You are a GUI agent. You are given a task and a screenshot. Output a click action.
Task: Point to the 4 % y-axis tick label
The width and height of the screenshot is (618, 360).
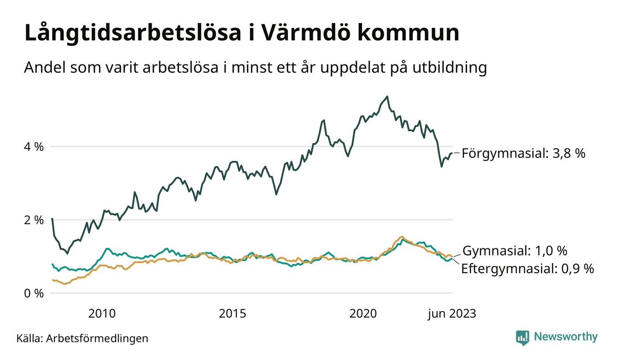tap(34, 147)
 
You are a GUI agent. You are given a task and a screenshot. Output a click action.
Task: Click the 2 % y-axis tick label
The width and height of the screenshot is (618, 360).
tap(34, 220)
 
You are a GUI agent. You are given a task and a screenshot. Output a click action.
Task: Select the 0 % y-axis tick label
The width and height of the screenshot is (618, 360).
tap(34, 293)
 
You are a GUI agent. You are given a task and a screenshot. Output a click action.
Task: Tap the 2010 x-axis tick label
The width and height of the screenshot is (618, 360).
tap(102, 314)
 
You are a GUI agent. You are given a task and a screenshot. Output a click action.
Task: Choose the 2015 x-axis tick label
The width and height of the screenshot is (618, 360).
tap(232, 314)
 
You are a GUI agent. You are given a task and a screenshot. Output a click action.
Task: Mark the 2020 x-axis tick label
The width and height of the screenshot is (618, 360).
tap(363, 314)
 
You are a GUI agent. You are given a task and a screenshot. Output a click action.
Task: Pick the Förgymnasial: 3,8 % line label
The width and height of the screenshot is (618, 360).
tap(523, 153)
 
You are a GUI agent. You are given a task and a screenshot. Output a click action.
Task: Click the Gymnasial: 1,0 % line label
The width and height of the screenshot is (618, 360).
tap(515, 251)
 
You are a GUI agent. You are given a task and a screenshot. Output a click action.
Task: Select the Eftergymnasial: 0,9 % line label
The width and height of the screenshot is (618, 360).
tap(528, 269)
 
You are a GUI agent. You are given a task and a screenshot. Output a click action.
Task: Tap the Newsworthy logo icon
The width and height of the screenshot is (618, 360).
tap(523, 337)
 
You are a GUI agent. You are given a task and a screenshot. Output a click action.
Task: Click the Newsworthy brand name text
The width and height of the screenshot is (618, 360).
tap(565, 337)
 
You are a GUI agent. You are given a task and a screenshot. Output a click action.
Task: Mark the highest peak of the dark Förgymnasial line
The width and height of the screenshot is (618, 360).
tap(387, 96)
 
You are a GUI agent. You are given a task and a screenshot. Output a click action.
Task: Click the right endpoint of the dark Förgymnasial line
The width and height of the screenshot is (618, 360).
tap(452, 153)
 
